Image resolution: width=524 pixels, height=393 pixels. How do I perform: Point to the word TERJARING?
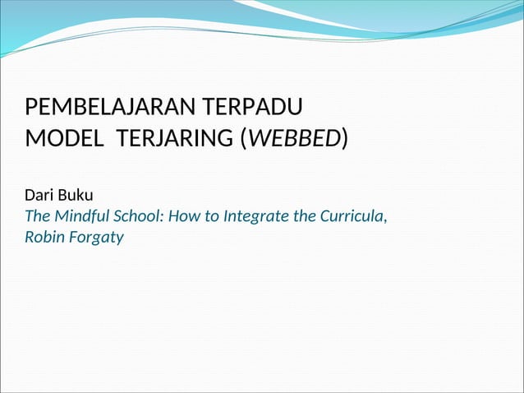(173, 139)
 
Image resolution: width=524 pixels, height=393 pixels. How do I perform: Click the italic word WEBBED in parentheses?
(293, 139)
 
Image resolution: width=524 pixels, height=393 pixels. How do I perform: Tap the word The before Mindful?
(38, 218)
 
